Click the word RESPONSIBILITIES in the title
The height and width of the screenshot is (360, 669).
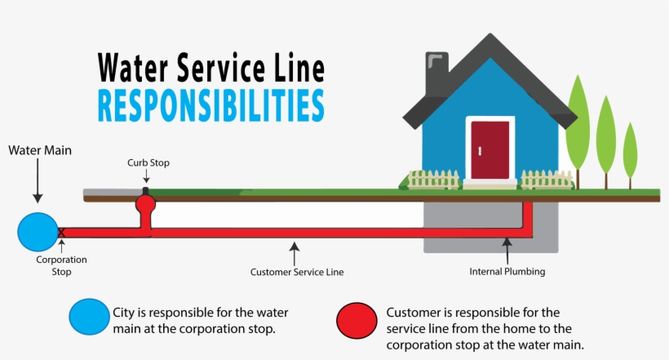[210, 106]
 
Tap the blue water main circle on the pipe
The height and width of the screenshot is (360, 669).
[38, 232]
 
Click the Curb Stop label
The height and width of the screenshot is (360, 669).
[148, 162]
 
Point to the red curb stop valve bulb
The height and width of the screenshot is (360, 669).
[145, 202]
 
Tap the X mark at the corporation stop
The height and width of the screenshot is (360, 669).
[61, 233]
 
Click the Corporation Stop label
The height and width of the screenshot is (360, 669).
[61, 265]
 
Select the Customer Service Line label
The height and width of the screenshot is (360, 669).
[297, 271]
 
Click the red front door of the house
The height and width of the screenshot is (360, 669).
[490, 149]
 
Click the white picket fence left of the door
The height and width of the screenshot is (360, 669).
[433, 179]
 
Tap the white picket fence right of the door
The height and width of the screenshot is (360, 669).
[547, 179]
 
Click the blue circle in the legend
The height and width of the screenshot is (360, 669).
[89, 318]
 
